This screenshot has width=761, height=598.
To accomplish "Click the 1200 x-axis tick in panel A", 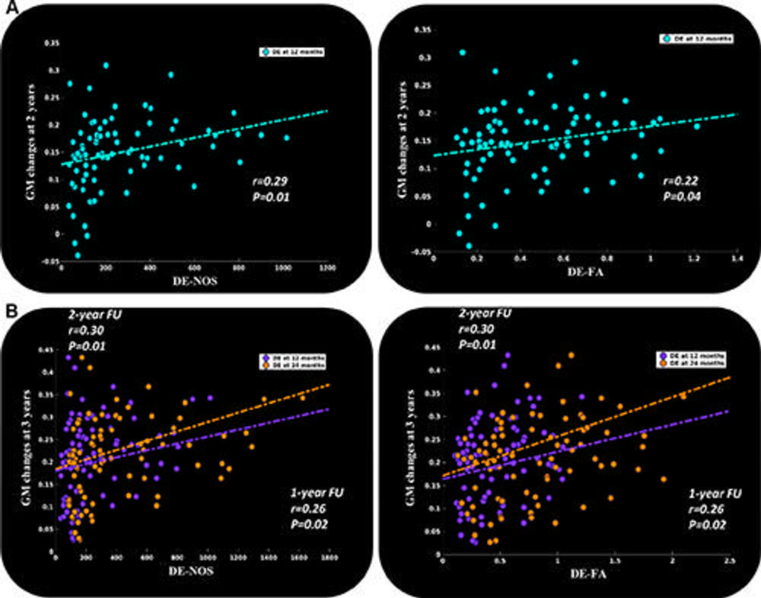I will point(328,269).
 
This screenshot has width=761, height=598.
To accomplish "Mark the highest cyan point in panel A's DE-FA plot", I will point(462,52).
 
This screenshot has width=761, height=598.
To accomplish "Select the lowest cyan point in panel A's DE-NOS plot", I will point(77,256).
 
